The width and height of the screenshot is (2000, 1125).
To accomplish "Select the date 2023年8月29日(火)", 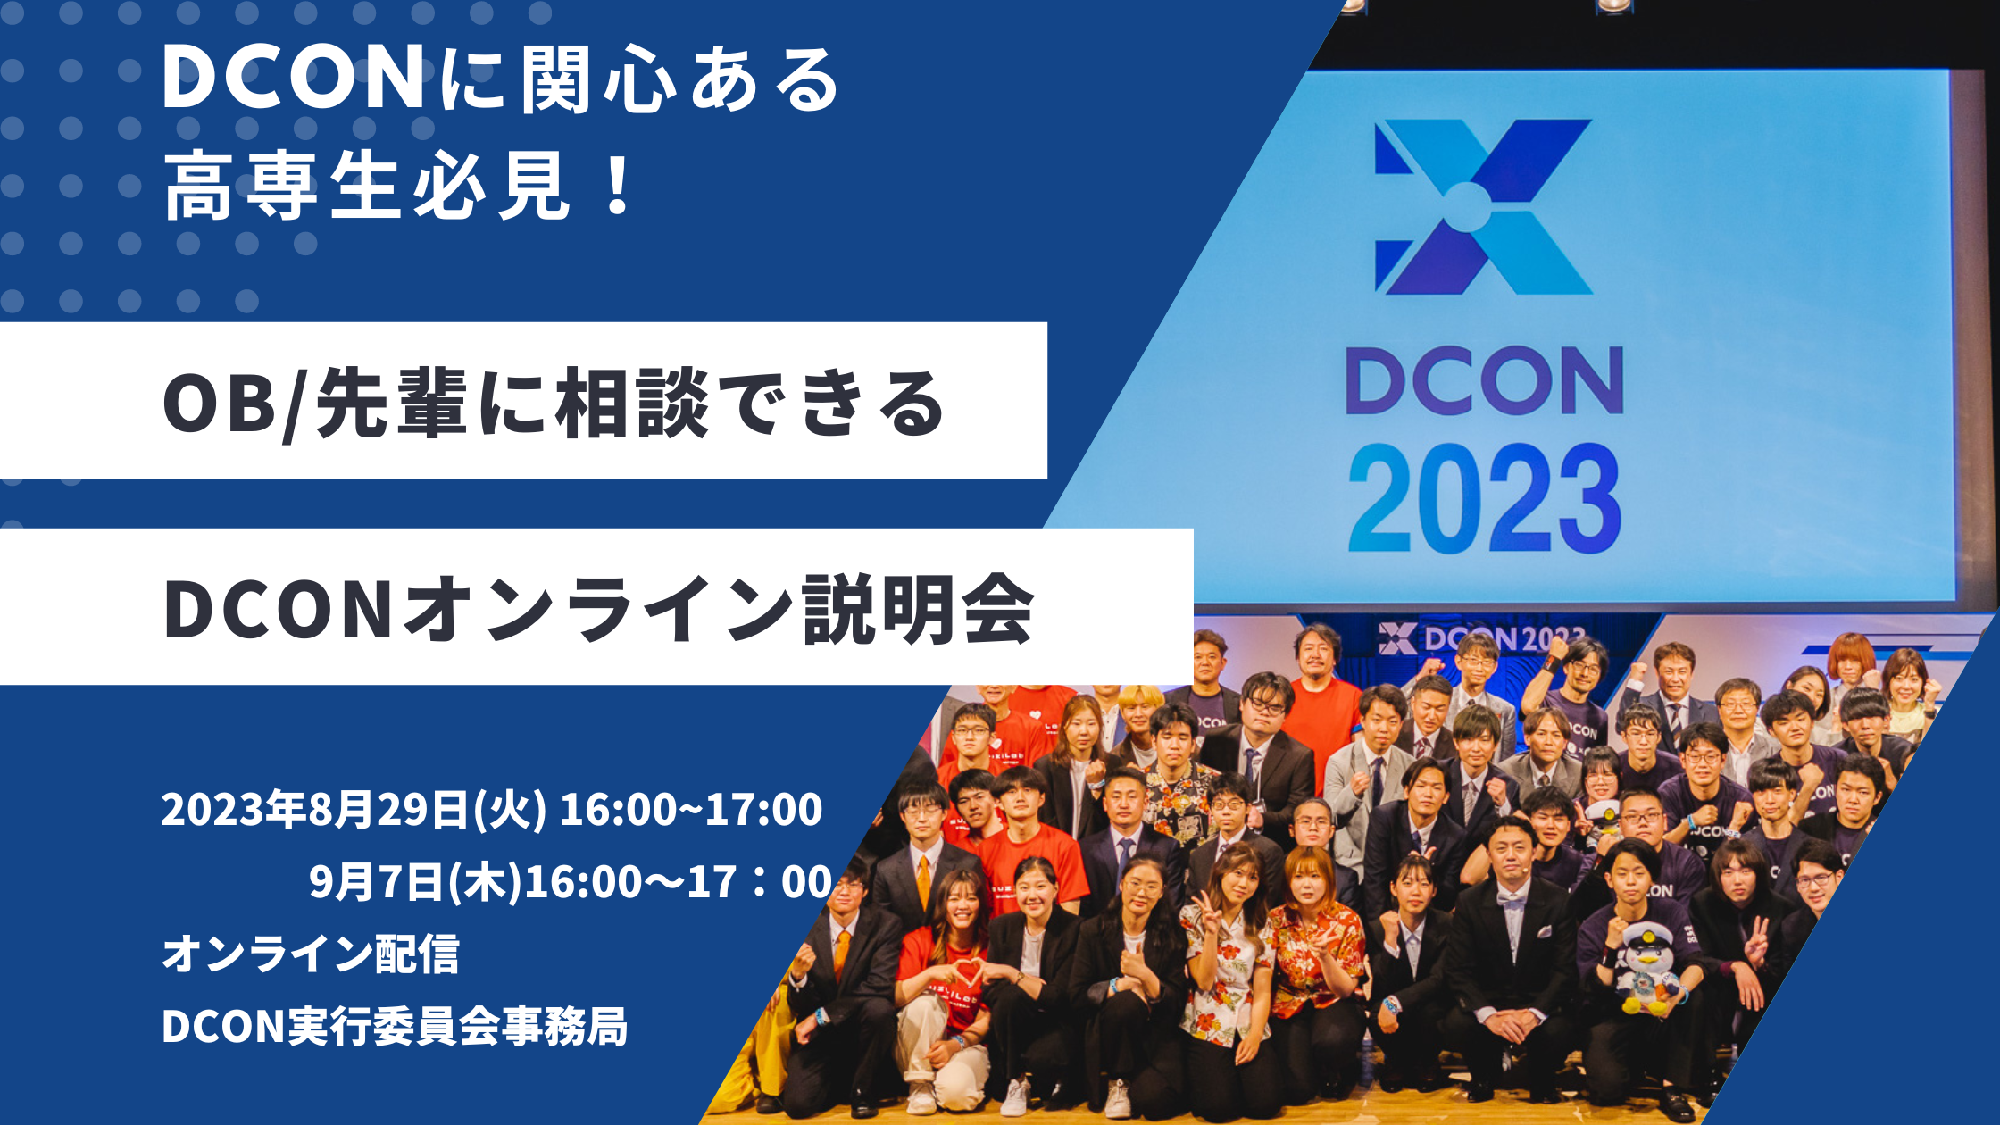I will [354, 809].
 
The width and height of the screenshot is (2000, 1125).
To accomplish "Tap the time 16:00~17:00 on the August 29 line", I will [690, 809].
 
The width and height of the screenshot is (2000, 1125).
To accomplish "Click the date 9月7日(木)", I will [415, 881].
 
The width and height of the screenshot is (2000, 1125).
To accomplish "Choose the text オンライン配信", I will [311, 954].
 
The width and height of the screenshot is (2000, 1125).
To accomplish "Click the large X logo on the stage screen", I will [1482, 207].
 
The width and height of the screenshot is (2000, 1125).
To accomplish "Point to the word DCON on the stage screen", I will [1484, 381].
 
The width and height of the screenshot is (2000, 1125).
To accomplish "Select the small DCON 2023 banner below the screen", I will [1482, 638].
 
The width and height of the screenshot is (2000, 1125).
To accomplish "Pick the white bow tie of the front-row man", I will [1512, 900].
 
